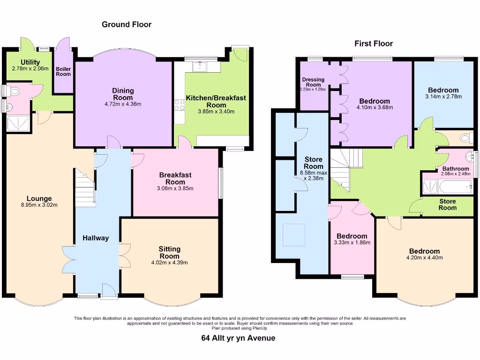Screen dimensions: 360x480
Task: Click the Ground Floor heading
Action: (127, 24)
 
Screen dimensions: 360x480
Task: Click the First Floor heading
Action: (373, 44)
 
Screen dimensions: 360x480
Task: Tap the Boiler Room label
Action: (63, 71)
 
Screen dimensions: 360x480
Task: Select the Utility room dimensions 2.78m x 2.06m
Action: (30, 68)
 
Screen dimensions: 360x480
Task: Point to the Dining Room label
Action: (123, 94)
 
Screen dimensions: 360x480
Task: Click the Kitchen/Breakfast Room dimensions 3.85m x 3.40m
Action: (216, 112)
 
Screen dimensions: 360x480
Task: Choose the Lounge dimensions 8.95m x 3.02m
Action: (39, 205)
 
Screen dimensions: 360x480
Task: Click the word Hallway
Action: (96, 238)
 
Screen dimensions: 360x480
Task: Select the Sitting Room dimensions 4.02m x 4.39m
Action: (169, 262)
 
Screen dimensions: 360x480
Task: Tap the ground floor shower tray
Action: (18, 123)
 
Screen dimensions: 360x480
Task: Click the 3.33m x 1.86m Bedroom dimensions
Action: (352, 243)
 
